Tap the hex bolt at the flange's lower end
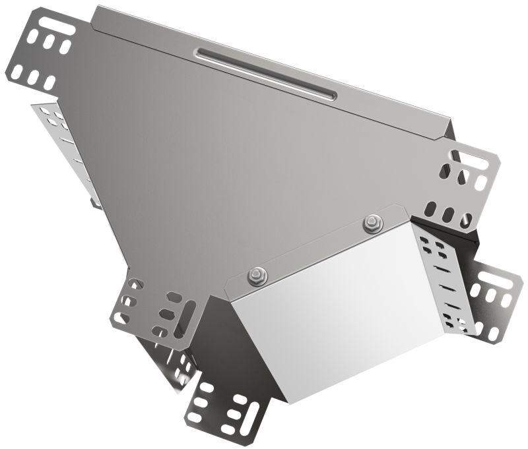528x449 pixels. (x=255, y=276)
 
